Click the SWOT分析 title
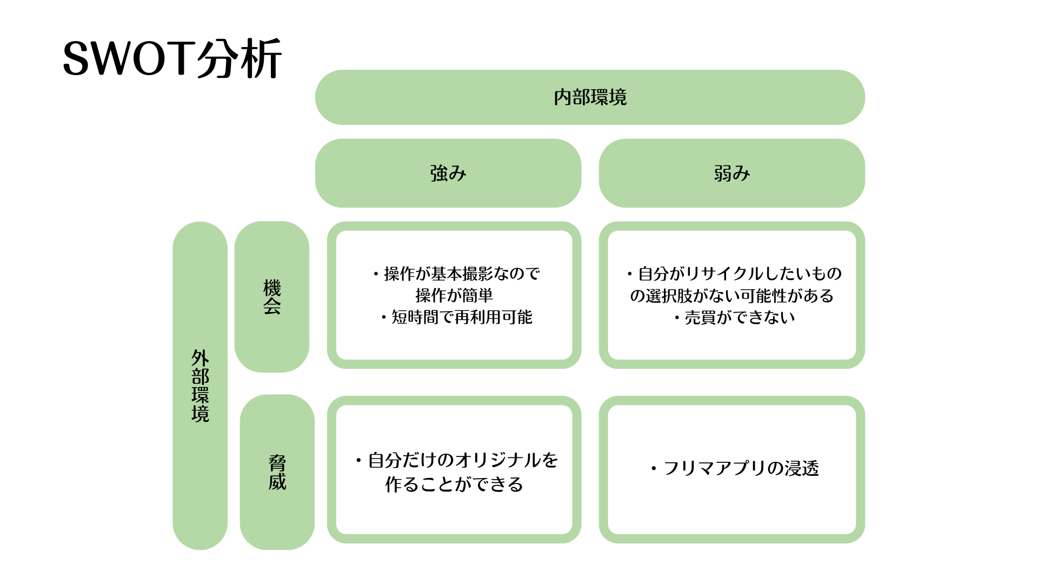(x=172, y=58)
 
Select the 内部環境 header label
(x=590, y=97)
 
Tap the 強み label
(x=448, y=173)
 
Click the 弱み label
(x=731, y=173)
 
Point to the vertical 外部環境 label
(x=200, y=386)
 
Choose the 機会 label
(x=272, y=296)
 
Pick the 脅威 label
(x=277, y=472)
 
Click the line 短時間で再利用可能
(x=462, y=317)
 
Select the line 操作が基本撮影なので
(x=462, y=274)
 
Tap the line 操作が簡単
(x=454, y=295)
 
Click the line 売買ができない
(x=740, y=317)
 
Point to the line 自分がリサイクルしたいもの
(x=740, y=274)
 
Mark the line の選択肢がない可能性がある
(x=731, y=295)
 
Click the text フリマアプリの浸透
(x=741, y=468)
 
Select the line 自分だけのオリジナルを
(x=463, y=460)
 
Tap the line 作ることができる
(x=454, y=484)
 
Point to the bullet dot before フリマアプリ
(x=654, y=468)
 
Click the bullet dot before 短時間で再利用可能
(x=384, y=317)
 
